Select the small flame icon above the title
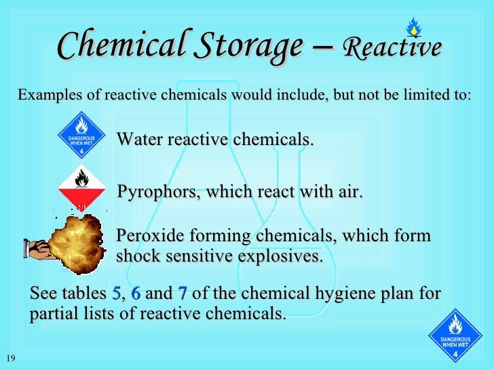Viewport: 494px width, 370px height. click(413, 28)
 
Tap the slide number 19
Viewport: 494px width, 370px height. click(9, 358)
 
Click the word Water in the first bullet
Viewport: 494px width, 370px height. click(140, 140)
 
